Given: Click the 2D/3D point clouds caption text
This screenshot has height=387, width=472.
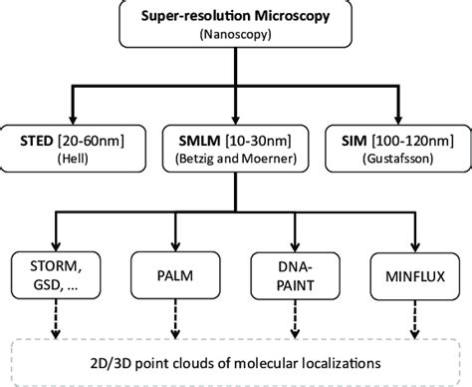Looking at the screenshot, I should tap(236, 356).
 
